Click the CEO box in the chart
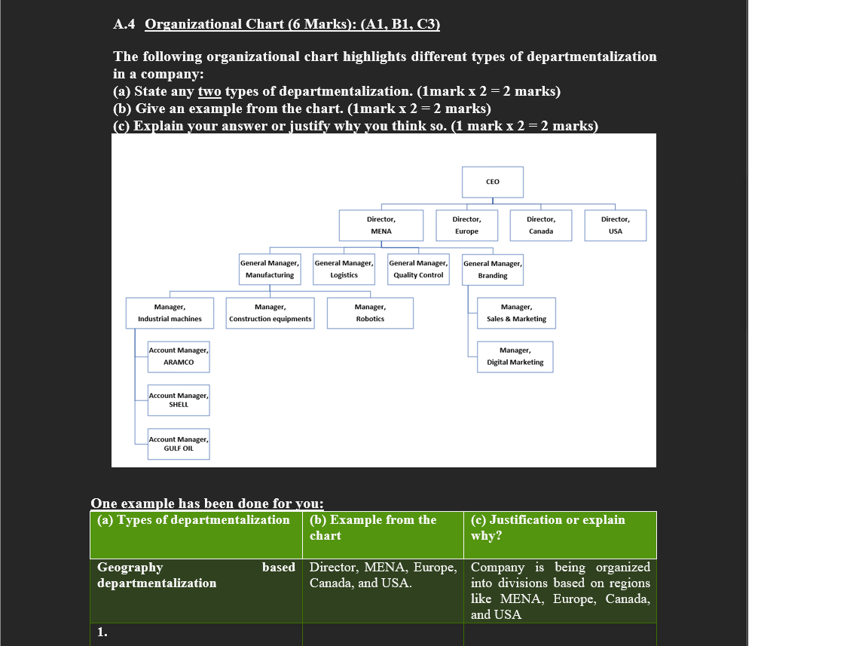pos(492,182)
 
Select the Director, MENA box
pos(381,225)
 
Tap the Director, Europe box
pos(466,225)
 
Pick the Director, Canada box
pos(540,225)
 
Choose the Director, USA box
pos(615,225)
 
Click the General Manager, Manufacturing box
pos(269,269)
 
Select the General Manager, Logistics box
pos(344,269)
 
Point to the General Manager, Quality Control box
pos(418,269)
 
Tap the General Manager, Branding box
pos(492,269)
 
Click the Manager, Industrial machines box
pos(170,313)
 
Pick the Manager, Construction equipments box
pos(270,313)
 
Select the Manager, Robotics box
pos(370,313)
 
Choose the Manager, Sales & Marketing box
pos(516,313)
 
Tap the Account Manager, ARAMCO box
pos(179,357)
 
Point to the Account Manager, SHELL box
pos(179,400)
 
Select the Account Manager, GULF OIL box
pos(179,444)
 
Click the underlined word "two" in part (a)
pos(209,92)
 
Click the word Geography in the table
pos(130,567)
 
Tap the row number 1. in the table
pos(102,633)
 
